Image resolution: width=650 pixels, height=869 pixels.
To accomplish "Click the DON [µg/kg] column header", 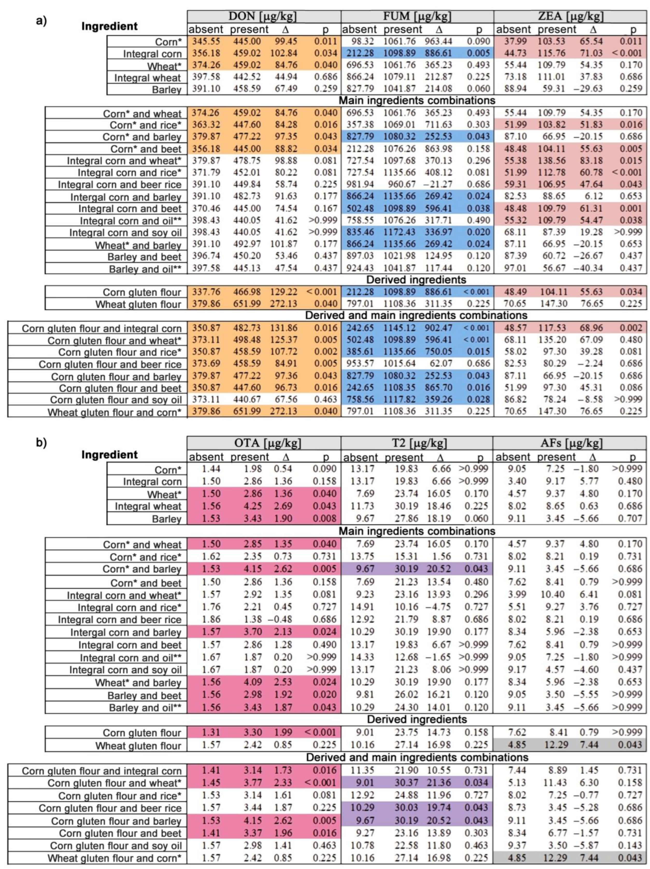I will [263, 17].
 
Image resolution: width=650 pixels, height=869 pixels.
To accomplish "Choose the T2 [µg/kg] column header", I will [417, 443].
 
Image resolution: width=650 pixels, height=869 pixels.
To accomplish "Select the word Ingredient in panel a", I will [109, 26].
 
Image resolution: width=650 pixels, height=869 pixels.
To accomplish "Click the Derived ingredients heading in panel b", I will [417, 719].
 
